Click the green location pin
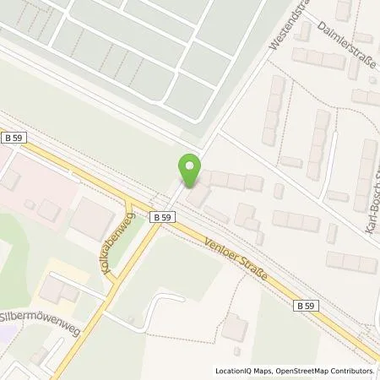point(189,172)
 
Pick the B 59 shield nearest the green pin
point(165,217)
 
